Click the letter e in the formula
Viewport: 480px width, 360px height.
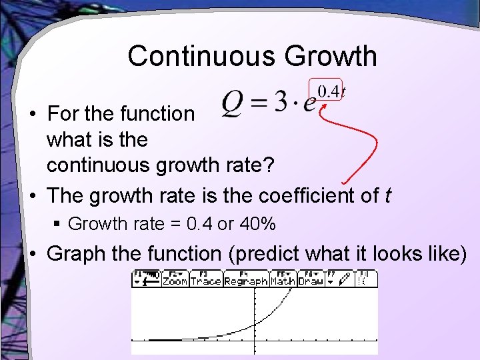tap(309, 107)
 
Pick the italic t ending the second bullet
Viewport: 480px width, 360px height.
tap(388, 196)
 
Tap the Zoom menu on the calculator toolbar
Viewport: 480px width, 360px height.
tap(175, 281)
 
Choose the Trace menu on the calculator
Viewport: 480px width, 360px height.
tap(205, 281)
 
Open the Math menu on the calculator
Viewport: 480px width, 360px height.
tap(282, 281)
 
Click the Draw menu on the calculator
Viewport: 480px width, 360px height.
tap(310, 281)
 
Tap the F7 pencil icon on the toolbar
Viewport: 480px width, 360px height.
tap(343, 281)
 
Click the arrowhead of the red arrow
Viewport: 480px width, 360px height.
tap(323, 105)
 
